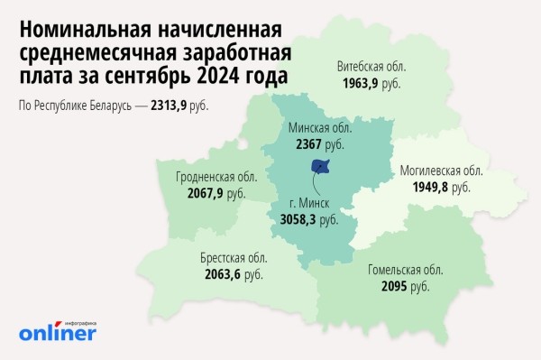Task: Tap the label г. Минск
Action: tap(309, 204)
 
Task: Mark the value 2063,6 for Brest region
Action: tap(221, 272)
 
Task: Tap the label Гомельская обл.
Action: tap(405, 271)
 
